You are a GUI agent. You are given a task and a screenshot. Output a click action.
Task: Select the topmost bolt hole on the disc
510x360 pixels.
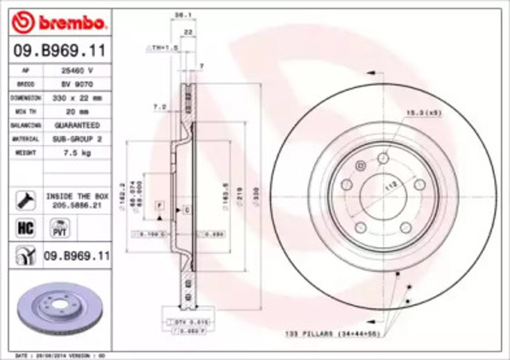click(382, 158)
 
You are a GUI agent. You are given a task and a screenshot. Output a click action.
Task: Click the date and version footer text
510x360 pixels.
click(56, 354)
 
